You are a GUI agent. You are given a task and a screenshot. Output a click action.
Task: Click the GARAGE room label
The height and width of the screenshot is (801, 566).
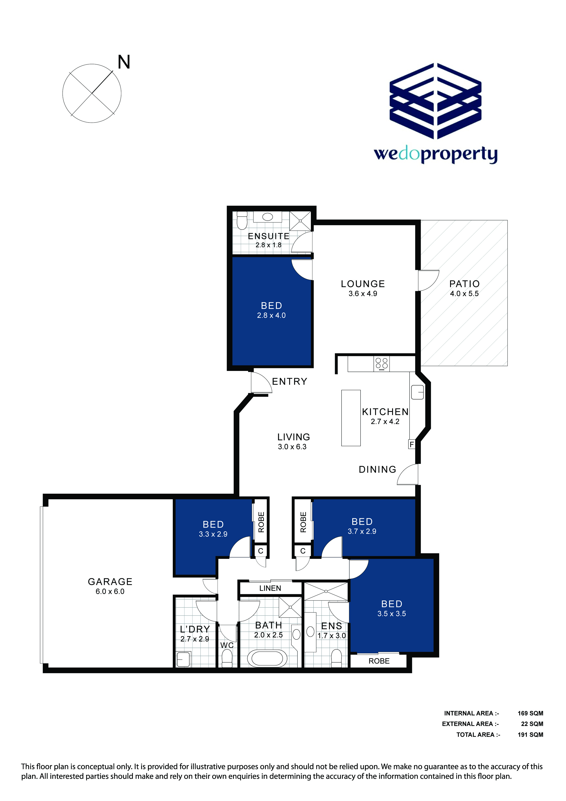click(110, 581)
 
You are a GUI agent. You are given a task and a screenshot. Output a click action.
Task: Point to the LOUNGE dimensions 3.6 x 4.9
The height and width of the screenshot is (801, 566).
click(363, 293)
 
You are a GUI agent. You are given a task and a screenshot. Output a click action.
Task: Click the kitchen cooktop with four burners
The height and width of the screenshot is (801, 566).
click(382, 364)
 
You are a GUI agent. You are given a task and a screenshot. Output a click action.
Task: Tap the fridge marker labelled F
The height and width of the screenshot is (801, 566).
click(412, 444)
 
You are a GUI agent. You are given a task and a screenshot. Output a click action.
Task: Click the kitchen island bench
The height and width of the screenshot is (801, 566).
click(351, 418)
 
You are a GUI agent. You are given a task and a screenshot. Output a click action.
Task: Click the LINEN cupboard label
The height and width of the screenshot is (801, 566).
click(270, 588)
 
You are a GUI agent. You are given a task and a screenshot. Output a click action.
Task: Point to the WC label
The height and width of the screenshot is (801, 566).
click(227, 645)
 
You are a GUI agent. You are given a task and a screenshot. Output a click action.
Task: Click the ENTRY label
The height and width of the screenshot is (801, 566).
click(290, 381)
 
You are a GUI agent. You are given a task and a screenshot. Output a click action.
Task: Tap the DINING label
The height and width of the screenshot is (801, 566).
click(378, 469)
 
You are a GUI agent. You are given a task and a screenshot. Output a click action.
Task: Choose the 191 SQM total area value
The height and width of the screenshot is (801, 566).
click(530, 734)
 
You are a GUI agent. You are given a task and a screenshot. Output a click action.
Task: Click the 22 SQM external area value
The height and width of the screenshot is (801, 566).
click(532, 724)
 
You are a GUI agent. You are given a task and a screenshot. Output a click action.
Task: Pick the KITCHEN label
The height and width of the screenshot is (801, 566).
click(385, 412)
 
